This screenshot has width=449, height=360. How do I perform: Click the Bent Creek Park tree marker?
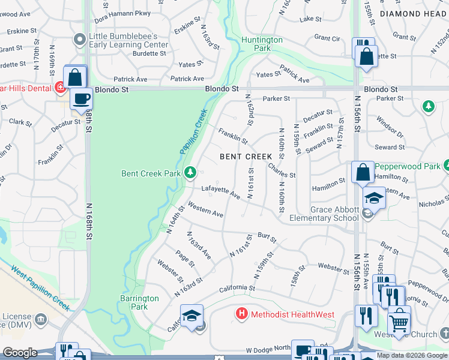pos(190,173)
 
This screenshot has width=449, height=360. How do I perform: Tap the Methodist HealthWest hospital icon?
pos(242,313)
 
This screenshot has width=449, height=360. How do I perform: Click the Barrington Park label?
pos(139,302)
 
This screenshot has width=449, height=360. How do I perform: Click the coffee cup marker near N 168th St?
pos(81,98)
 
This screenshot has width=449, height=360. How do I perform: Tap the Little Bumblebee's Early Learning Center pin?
pos(79,40)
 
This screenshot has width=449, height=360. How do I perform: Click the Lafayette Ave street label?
pos(220,192)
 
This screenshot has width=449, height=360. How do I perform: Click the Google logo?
pos(20,353)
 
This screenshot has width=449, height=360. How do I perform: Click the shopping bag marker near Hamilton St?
pos(363,172)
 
